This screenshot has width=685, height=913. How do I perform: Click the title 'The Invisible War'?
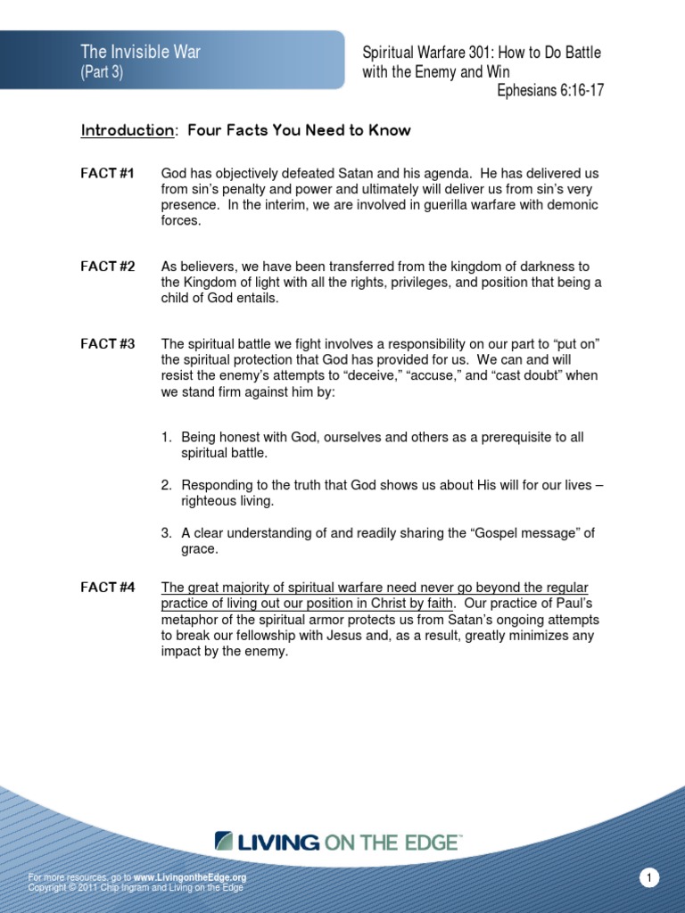pos(141,52)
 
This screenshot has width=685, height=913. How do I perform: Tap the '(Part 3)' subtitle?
pos(102,72)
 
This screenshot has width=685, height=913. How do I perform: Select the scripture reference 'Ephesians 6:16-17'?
pos(549,90)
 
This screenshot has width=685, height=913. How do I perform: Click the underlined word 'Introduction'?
pos(128,131)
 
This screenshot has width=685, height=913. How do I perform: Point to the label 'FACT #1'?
pos(107,173)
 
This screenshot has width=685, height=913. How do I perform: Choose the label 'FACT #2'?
pos(107,267)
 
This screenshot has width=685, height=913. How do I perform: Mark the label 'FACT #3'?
pos(107,344)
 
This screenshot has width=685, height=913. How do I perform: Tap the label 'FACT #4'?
pos(107,587)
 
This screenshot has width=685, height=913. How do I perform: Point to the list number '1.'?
pos(166,438)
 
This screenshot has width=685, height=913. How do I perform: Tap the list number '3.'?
pos(166,533)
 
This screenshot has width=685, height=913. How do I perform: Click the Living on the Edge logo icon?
pos(224,841)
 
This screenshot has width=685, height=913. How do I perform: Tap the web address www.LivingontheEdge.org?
pos(189,877)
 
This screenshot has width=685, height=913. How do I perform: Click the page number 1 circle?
pos(650,879)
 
